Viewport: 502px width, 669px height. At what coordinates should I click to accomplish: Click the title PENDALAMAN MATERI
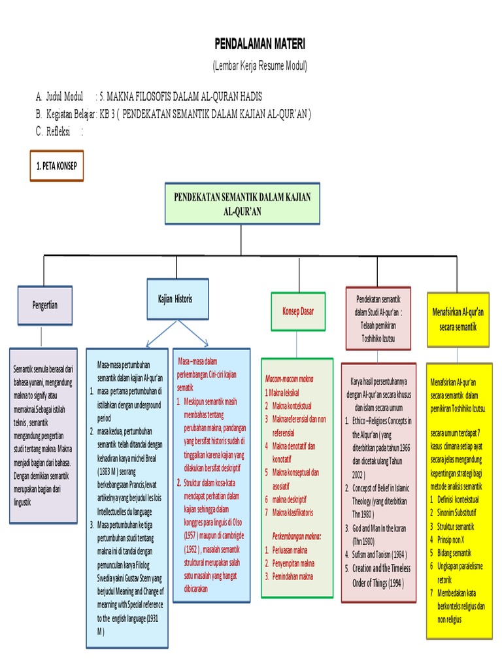[259, 44]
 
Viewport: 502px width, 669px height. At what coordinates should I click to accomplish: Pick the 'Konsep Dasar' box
[297, 312]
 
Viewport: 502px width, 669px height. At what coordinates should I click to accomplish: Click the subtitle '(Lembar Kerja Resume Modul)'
[259, 66]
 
